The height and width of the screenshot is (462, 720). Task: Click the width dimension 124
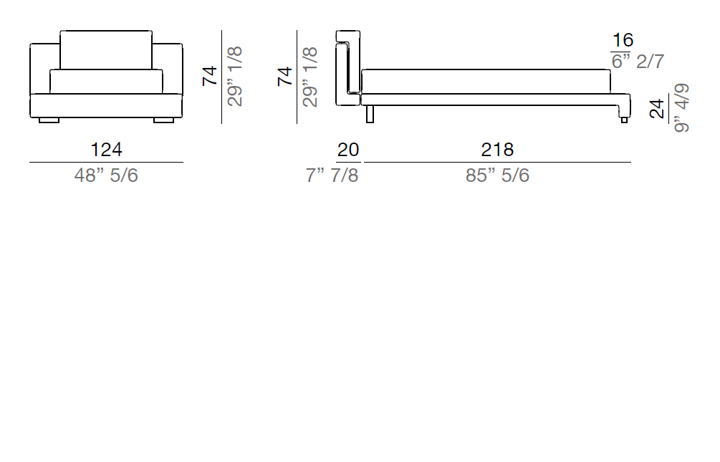(106, 150)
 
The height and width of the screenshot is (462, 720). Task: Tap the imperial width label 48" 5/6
(106, 175)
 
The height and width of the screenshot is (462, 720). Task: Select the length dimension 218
(497, 150)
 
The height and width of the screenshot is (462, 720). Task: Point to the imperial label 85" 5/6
(497, 175)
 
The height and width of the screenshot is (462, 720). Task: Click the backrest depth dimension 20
(348, 150)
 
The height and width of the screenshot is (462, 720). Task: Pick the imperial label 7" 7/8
(332, 175)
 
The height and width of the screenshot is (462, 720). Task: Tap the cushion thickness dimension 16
(623, 40)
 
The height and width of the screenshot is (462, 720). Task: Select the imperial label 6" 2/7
(638, 61)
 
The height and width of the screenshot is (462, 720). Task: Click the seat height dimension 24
(657, 109)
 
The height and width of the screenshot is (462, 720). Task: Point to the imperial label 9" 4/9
(681, 108)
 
